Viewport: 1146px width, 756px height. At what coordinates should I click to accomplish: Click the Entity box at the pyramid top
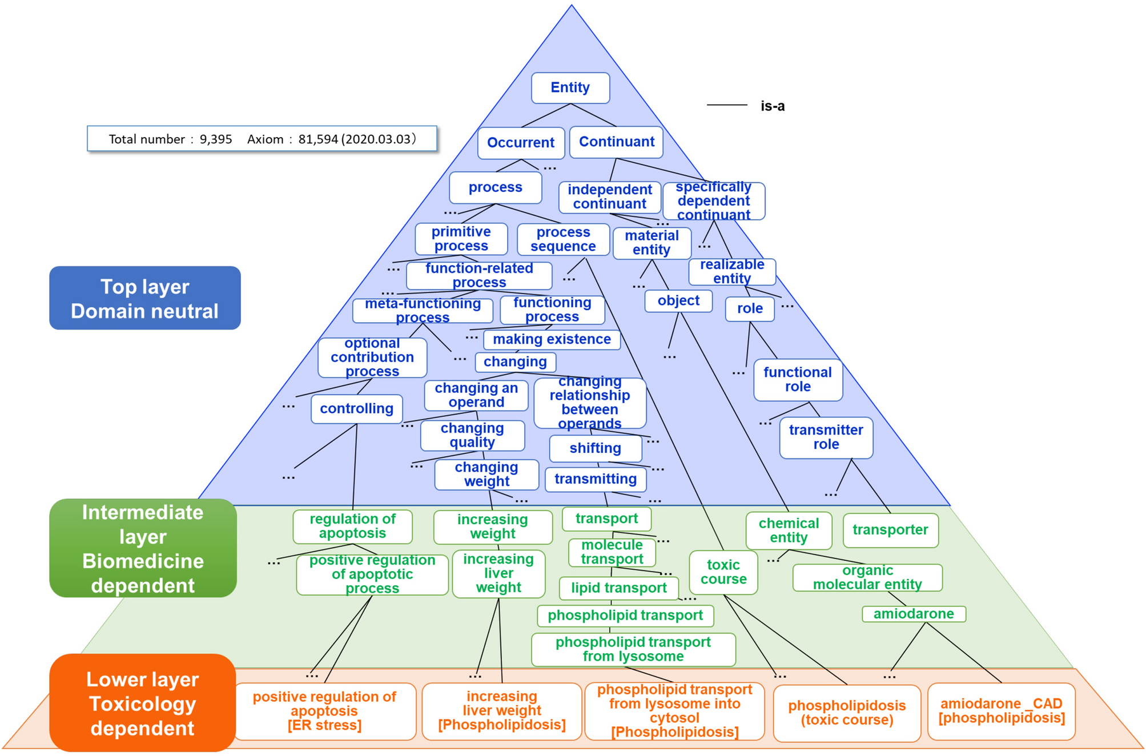570,88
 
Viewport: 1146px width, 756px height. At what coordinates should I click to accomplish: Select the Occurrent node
520,143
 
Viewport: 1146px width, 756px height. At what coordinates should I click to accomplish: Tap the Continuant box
616,142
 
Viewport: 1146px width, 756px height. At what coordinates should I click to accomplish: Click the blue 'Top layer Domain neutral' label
144,298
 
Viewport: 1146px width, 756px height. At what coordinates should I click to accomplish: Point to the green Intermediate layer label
143,548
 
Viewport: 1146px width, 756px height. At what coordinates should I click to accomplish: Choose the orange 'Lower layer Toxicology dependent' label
142,703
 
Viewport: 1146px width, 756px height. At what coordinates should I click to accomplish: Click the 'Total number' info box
262,139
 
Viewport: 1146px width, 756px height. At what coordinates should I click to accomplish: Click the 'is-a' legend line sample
726,105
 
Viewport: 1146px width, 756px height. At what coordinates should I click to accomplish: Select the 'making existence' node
551,340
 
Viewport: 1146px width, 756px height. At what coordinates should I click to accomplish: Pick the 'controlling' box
356,409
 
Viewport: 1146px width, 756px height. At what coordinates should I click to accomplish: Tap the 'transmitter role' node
826,437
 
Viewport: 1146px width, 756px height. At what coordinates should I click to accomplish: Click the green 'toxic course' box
723,572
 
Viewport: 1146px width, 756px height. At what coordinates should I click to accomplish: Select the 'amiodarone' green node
913,614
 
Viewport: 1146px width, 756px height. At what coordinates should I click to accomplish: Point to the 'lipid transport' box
618,588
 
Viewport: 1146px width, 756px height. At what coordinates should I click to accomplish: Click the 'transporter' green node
890,530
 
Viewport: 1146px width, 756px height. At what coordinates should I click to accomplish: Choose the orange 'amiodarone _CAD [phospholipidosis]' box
1001,711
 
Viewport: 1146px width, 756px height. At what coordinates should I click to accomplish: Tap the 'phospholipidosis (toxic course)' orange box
846,713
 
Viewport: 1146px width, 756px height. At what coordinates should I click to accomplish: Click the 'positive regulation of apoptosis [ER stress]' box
324,711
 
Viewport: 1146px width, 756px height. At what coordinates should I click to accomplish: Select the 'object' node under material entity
678,301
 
